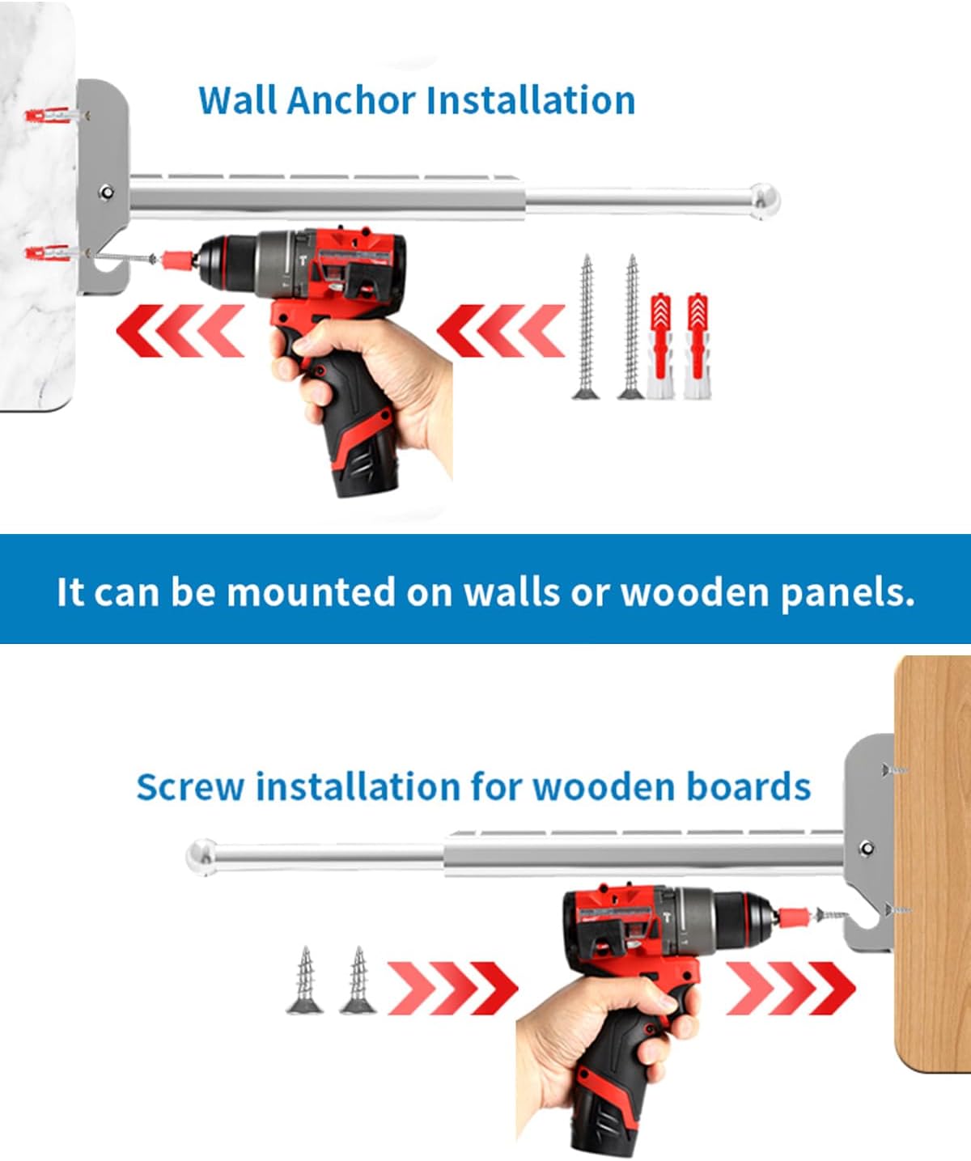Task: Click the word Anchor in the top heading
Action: coord(351,100)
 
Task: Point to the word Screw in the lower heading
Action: coord(190,786)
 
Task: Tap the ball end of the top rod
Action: coord(765,201)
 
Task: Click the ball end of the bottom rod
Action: coord(201,858)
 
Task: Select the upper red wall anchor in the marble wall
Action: coord(49,116)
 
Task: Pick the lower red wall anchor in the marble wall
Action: coord(49,253)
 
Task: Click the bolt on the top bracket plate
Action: coord(106,193)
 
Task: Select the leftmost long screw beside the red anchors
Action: coord(586,327)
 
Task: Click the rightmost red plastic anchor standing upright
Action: coord(698,345)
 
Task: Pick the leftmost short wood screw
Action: coord(305,981)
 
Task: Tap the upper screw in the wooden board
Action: coord(894,770)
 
